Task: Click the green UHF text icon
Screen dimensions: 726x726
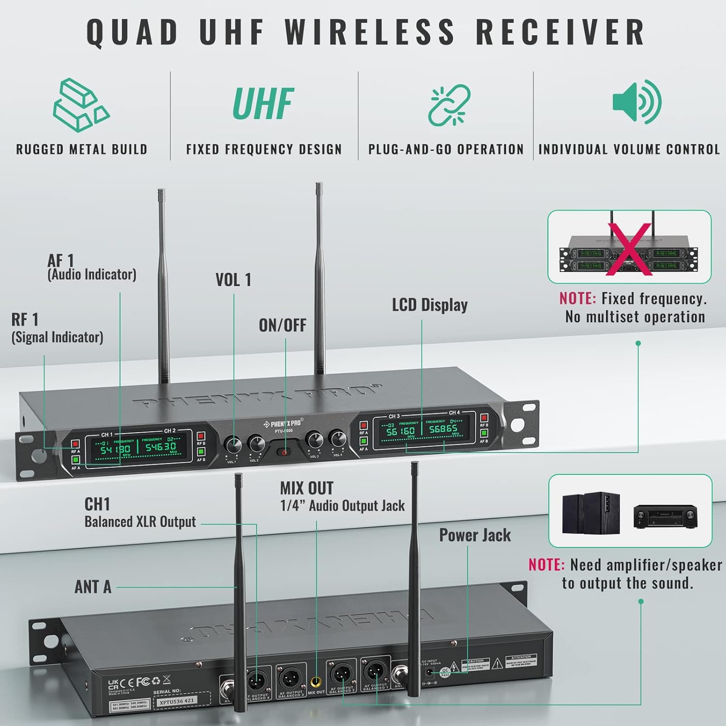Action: click(x=263, y=104)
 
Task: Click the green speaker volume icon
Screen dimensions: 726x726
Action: click(x=636, y=102)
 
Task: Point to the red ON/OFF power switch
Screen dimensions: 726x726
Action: click(x=284, y=453)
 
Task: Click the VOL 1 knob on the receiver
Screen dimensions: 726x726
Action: click(x=233, y=445)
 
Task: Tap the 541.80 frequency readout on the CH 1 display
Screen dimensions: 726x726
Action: click(x=115, y=449)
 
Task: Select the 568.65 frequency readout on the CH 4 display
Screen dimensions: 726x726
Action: click(x=443, y=429)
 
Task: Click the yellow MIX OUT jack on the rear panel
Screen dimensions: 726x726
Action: click(x=317, y=682)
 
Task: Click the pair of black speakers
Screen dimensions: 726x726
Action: click(x=591, y=513)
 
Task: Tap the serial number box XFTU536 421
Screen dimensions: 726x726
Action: click(x=177, y=700)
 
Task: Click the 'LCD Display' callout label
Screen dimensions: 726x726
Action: click(x=430, y=305)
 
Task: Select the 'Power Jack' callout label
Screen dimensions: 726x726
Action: click(x=475, y=535)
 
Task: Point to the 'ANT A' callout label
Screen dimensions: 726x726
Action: click(x=93, y=587)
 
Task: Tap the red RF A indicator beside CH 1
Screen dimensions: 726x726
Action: click(x=75, y=443)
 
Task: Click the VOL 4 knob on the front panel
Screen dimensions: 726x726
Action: click(x=337, y=439)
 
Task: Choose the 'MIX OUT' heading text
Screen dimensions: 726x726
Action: click(x=306, y=488)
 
